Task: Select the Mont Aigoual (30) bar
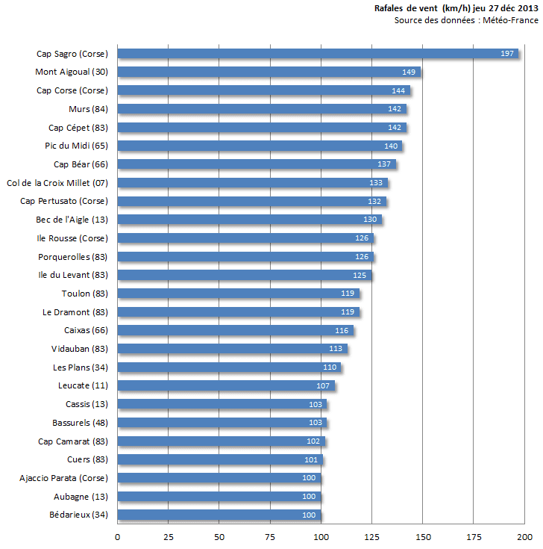pos(269,72)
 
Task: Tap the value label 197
pos(507,54)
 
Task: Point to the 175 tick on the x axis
pos(474,536)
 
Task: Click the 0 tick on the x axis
pos(117,536)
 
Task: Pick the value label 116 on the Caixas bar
pos(342,330)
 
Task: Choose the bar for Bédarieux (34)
pos(219,515)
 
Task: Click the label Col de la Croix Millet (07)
pos(57,183)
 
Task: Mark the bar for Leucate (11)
pos(226,385)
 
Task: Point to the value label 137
pos(385,164)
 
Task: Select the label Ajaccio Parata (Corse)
pos(64,478)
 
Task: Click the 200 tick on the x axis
pos(524,536)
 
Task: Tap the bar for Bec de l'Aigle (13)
pos(250,220)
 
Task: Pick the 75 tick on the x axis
pos(270,536)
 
